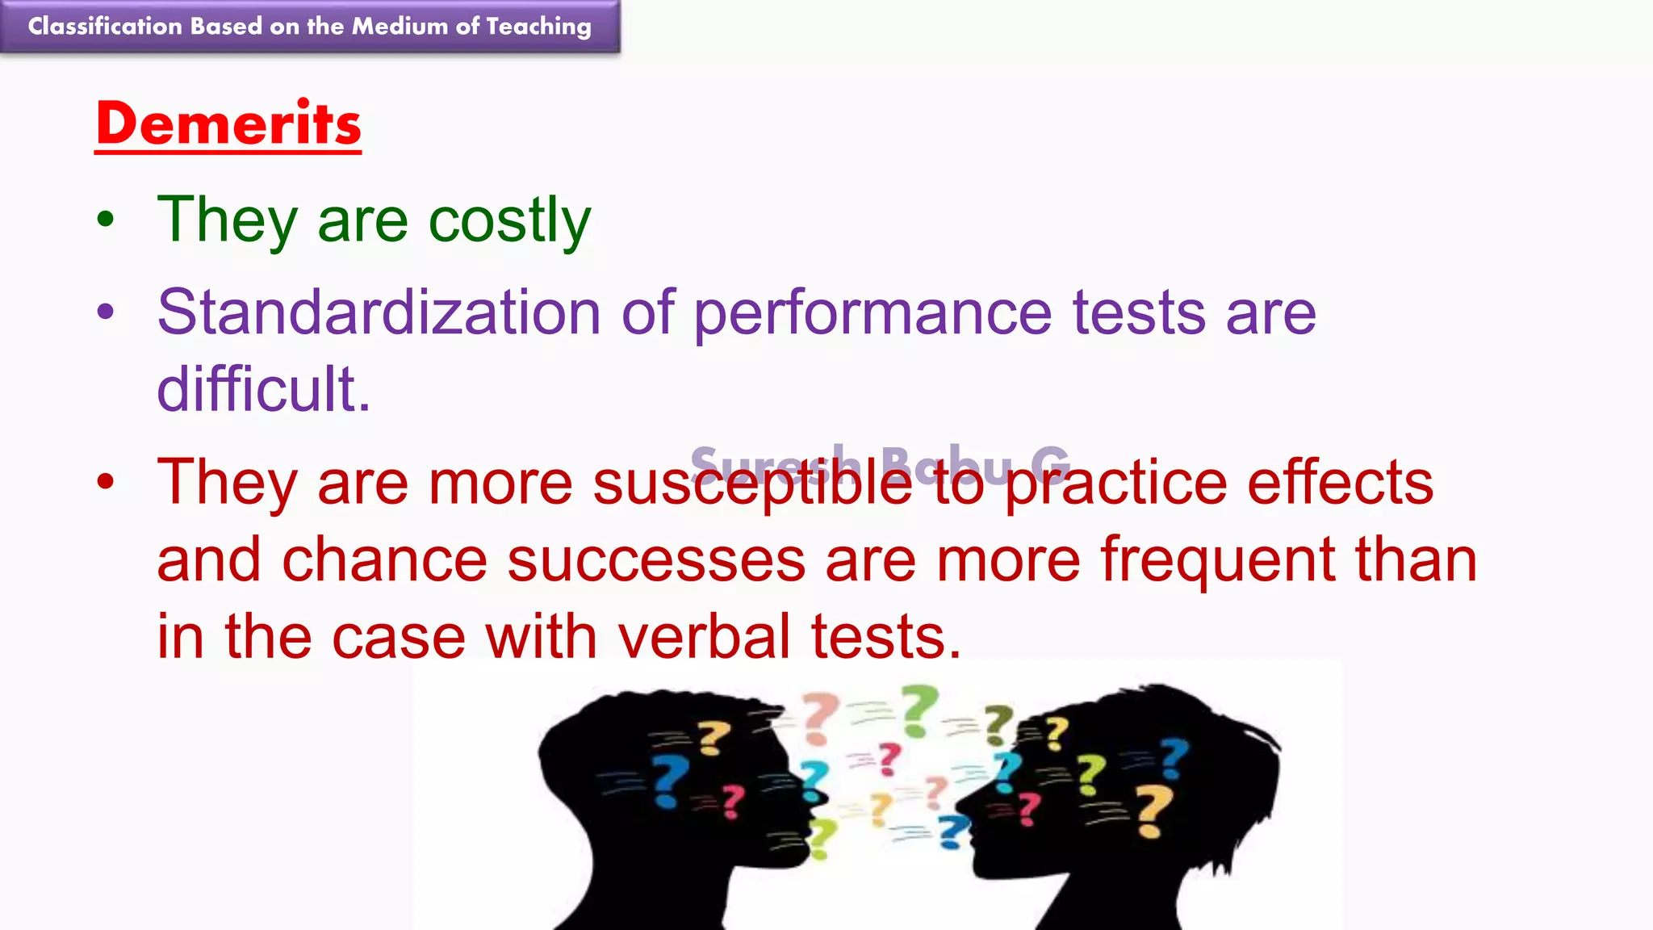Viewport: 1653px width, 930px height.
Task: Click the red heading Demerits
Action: click(228, 124)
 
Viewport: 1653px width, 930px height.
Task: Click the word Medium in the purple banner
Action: click(400, 26)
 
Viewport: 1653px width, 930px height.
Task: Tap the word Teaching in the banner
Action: click(538, 27)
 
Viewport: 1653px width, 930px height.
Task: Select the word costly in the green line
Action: click(509, 220)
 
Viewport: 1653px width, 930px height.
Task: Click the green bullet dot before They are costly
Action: click(106, 220)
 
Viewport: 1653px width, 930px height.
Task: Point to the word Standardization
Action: click(379, 312)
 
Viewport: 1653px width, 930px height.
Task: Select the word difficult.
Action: click(263, 390)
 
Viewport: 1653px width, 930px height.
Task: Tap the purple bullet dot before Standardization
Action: click(106, 312)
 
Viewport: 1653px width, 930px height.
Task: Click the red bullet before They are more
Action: click(106, 482)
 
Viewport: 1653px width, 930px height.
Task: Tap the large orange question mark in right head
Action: click(1153, 811)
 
